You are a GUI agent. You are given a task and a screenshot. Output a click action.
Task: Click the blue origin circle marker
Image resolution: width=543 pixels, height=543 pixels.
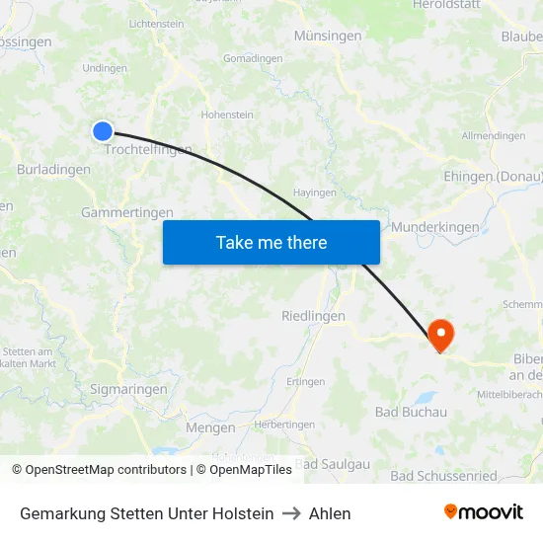(x=103, y=131)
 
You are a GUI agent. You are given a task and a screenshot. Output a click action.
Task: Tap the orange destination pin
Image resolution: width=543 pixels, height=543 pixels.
(x=439, y=334)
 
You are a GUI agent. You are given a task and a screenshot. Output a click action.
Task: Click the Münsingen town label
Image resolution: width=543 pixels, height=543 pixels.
(x=327, y=36)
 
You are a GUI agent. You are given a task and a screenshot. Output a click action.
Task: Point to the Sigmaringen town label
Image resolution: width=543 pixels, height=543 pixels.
(x=128, y=389)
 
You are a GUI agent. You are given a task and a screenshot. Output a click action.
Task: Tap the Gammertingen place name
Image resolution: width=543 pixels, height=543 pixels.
(x=126, y=212)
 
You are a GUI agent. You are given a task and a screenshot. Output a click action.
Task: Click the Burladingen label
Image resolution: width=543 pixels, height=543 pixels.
(x=53, y=170)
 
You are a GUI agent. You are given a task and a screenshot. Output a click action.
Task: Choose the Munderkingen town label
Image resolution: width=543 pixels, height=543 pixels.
(x=435, y=227)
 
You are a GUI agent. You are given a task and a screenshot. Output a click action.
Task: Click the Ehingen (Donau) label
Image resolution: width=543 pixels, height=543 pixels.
(x=494, y=177)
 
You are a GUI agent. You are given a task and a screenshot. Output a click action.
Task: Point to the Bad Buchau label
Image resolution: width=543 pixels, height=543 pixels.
(x=411, y=412)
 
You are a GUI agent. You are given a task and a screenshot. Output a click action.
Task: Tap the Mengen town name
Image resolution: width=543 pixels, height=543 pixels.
(x=210, y=427)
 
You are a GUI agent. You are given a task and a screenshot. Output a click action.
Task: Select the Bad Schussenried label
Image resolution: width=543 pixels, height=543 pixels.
(x=443, y=476)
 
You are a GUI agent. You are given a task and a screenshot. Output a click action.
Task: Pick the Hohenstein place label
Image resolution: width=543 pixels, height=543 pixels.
(x=227, y=116)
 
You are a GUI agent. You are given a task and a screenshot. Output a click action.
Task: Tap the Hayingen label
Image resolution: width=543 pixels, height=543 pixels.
(x=315, y=193)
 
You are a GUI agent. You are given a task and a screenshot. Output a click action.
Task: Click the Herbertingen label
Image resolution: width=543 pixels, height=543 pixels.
(x=284, y=424)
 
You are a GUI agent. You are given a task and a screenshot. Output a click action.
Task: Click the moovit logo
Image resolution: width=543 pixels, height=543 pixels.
(x=483, y=512)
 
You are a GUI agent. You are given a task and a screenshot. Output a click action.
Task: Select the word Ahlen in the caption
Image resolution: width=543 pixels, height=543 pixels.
(x=330, y=513)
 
